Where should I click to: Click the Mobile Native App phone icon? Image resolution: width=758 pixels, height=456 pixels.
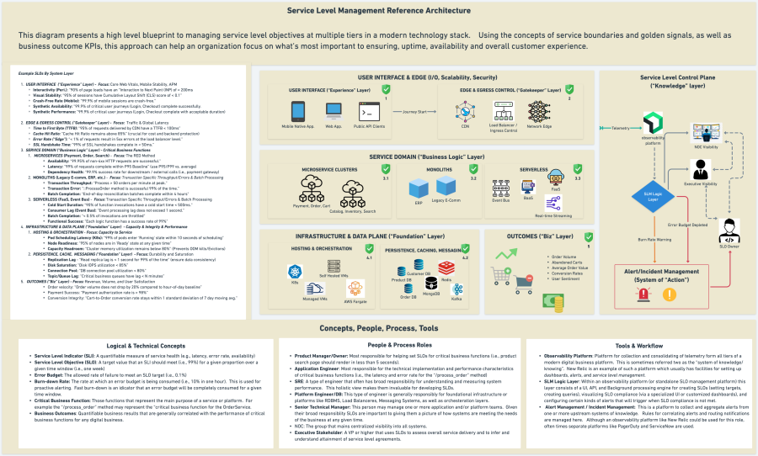(298, 110)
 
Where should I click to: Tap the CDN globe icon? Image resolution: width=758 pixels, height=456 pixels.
(465, 111)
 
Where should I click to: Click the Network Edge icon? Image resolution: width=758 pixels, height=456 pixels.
(538, 111)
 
